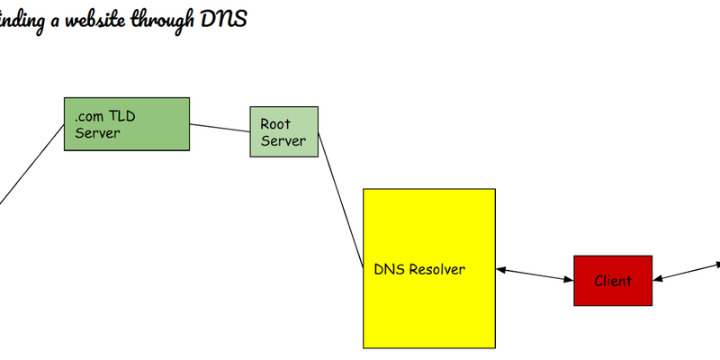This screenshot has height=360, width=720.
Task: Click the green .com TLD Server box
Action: pyautogui.click(x=126, y=123)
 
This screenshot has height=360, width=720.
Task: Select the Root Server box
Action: pyautogui.click(x=283, y=131)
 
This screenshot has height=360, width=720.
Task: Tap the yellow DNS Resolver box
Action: pyautogui.click(x=428, y=268)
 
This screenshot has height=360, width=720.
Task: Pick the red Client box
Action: pyautogui.click(x=613, y=280)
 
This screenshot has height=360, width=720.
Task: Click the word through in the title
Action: pyautogui.click(x=159, y=19)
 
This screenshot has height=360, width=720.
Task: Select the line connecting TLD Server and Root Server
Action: pyautogui.click(x=220, y=127)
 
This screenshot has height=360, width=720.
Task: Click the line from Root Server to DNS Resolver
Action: pyautogui.click(x=340, y=197)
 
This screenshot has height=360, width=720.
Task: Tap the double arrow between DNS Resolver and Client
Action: pyautogui.click(x=535, y=274)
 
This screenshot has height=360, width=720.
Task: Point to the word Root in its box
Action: pyautogui.click(x=275, y=123)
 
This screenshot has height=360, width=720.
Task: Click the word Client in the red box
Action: pyautogui.click(x=613, y=281)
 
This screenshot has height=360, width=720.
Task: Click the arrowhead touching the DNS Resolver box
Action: pyautogui.click(x=501, y=268)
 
